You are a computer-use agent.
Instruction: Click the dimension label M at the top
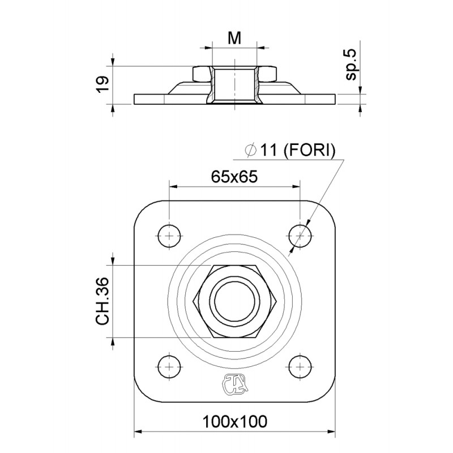pyautogui.click(x=234, y=38)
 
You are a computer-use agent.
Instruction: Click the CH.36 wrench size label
pyautogui.click(x=102, y=300)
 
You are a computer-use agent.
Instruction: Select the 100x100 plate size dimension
pyautogui.click(x=234, y=422)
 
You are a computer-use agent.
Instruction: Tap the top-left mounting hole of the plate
pyautogui.click(x=169, y=234)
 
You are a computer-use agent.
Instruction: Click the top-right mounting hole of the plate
pyautogui.click(x=300, y=234)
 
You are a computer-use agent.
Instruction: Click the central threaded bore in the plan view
pyautogui.click(x=234, y=300)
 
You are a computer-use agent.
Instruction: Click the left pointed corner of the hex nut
pyautogui.click(x=194, y=300)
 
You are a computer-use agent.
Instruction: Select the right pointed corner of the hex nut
pyautogui.click(x=276, y=300)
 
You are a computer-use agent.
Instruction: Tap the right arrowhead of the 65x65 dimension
pyautogui.click(x=297, y=186)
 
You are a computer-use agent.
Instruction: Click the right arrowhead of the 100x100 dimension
pyautogui.click(x=332, y=432)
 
